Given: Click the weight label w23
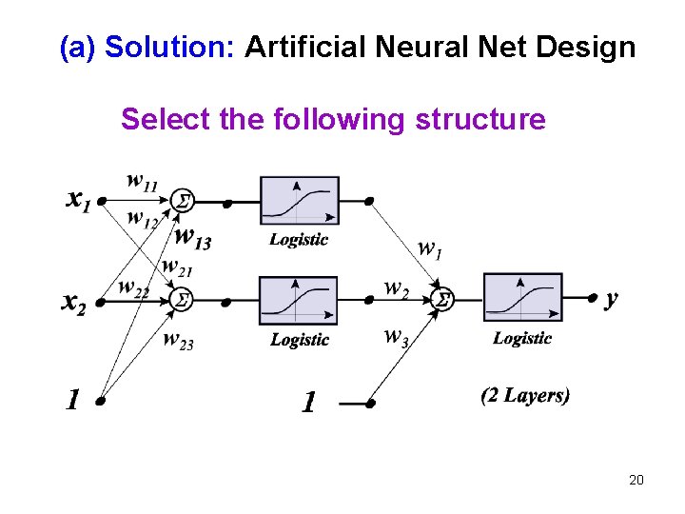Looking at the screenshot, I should pos(178,340).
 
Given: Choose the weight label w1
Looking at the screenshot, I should pos(430,248).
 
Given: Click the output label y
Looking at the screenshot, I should pos(611,299).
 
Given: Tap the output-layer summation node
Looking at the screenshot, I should pos(441,300).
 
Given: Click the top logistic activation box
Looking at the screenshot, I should pos(299,202).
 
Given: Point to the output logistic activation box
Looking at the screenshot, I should pos(522,298).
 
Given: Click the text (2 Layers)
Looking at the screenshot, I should pos(525,395).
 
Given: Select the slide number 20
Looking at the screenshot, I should pos(636,480).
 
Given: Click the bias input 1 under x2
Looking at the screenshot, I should pos(72,401).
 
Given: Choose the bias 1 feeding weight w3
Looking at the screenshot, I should pos(307,404).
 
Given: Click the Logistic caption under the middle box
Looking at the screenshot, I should pos(300,340).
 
